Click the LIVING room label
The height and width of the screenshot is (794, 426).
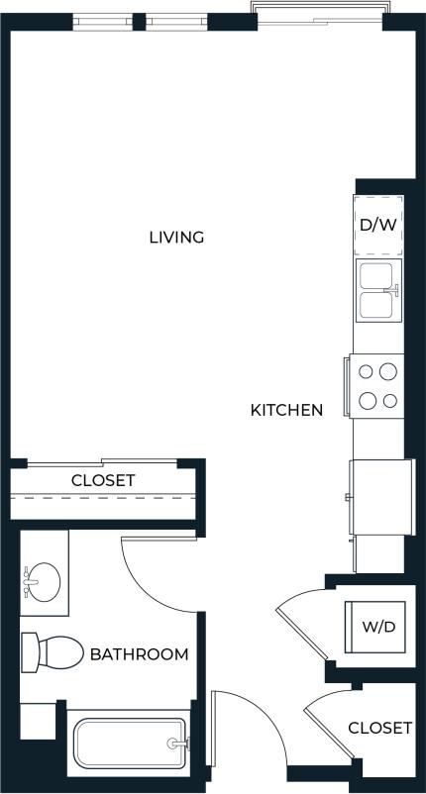click(x=176, y=237)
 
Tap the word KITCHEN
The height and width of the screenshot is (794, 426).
click(x=286, y=409)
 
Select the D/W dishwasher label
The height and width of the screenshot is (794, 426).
click(x=377, y=225)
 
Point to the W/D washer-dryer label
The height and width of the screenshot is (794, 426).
click(x=377, y=626)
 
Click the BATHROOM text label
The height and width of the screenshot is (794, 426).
click(x=139, y=654)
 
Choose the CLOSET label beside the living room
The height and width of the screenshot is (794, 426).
click(x=103, y=480)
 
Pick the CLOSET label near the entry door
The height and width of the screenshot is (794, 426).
click(x=379, y=728)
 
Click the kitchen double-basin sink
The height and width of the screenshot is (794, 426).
click(x=376, y=291)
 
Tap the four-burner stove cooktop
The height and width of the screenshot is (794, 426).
click(x=376, y=385)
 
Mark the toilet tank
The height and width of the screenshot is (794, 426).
click(x=29, y=652)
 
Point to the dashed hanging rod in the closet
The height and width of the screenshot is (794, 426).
click(x=103, y=497)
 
